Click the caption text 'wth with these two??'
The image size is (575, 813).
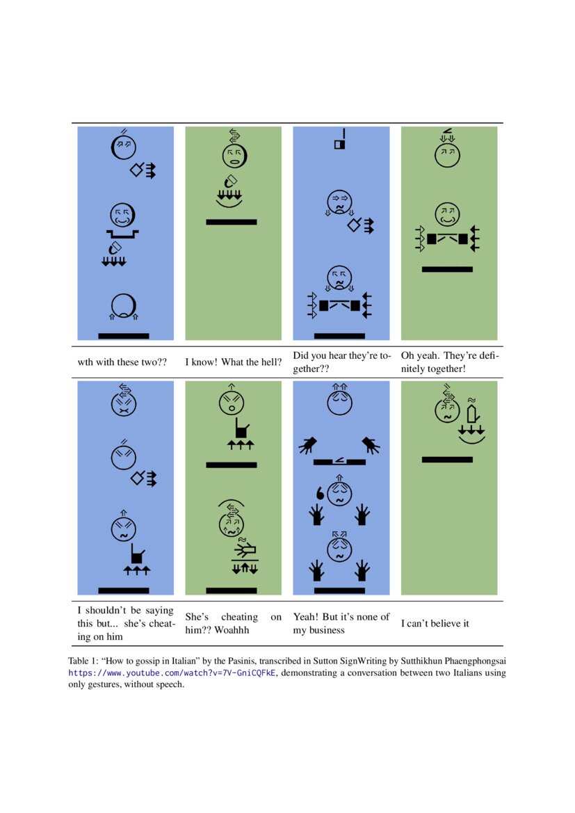[x=122, y=362]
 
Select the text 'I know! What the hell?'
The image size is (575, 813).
[x=233, y=362]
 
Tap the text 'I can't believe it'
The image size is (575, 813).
[x=435, y=623]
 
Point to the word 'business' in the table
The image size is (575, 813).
[x=326, y=630]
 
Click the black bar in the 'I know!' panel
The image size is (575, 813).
[x=232, y=222]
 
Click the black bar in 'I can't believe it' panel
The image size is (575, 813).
[x=447, y=460]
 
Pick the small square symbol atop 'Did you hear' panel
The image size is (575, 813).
[x=340, y=145]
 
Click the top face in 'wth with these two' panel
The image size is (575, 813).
[x=124, y=147]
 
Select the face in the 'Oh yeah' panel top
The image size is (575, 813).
[x=447, y=154]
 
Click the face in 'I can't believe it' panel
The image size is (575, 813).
[x=447, y=411]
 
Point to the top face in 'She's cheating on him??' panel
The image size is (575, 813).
[x=231, y=403]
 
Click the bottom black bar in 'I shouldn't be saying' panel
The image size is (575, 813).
[x=124, y=590]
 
